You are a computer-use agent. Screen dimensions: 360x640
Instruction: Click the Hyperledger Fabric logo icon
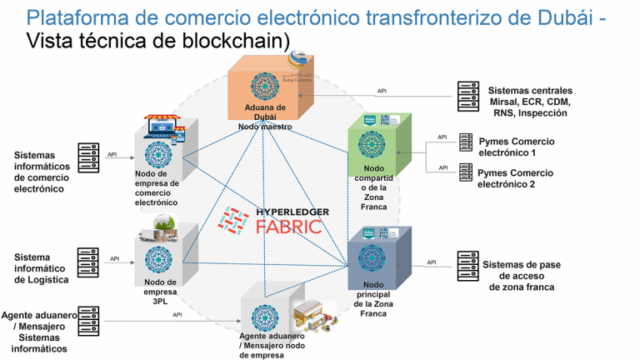[235, 220]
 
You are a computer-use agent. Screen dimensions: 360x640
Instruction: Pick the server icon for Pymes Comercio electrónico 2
[466, 173]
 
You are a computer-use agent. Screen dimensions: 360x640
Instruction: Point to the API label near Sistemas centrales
[382, 91]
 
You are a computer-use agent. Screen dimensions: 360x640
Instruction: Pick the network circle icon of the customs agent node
[263, 320]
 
